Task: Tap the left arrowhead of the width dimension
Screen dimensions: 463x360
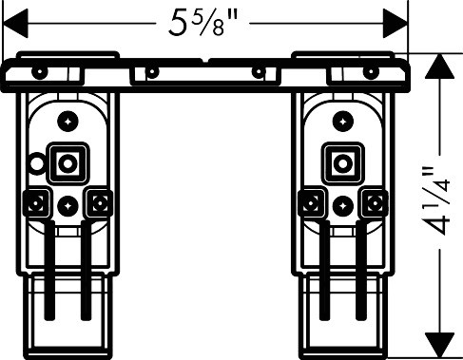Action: (x=15, y=24)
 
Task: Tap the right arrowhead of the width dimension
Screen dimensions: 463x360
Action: (x=395, y=24)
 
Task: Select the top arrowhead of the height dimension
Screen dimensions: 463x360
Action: (x=440, y=66)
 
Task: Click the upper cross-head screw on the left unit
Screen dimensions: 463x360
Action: (x=68, y=122)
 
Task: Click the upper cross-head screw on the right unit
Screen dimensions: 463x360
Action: (x=343, y=122)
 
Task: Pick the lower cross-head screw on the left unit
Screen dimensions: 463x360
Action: (x=68, y=206)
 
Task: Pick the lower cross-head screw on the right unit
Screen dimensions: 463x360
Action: (x=343, y=206)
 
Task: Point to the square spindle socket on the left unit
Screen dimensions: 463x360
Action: (x=68, y=163)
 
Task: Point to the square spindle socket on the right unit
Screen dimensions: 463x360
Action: (x=343, y=163)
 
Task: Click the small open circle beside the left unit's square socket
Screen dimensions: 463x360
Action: (x=36, y=163)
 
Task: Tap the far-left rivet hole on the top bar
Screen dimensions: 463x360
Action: (x=39, y=71)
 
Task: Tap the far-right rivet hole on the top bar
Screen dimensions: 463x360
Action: (x=371, y=71)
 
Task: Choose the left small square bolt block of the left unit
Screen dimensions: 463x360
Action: (x=36, y=202)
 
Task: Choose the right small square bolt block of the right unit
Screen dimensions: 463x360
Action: (x=376, y=202)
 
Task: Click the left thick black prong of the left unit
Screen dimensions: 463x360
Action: (x=49, y=270)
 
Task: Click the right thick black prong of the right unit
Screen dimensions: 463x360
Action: (x=360, y=270)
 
